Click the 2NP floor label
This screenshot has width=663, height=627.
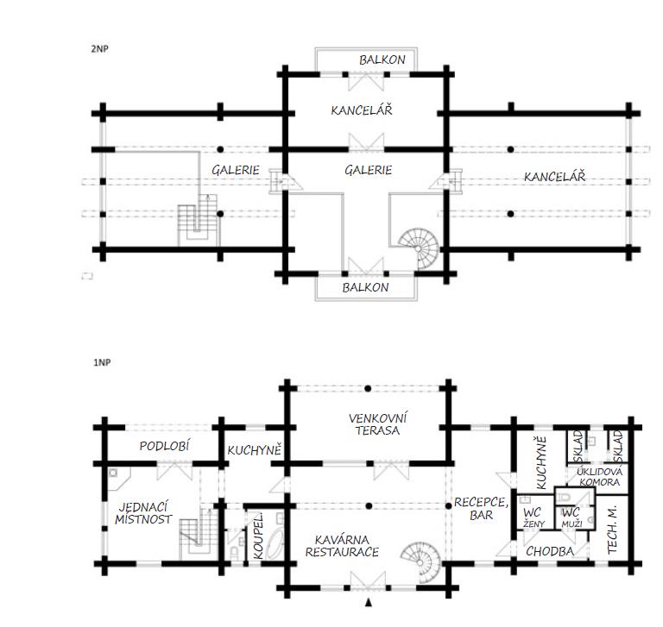tap(99, 49)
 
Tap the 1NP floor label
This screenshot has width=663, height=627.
tap(102, 362)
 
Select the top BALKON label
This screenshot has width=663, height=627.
tap(382, 60)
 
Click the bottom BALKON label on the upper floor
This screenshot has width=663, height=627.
tap(365, 288)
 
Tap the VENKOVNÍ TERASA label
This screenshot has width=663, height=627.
tap(377, 424)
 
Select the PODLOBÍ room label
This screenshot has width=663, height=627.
tap(165, 446)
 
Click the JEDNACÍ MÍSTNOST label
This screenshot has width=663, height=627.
tap(143, 513)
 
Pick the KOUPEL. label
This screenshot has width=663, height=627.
tap(258, 536)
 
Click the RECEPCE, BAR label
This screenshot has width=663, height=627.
tap(481, 509)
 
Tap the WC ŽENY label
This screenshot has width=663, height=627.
tap(533, 518)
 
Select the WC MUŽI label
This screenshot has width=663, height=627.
tap(571, 518)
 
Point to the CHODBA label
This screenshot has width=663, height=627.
tap(550, 551)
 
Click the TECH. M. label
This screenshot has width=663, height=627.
tap(612, 530)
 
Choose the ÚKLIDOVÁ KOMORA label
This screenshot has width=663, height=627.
tap(600, 477)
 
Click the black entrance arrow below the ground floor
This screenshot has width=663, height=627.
tap(369, 603)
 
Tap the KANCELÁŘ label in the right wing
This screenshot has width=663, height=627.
tap(555, 177)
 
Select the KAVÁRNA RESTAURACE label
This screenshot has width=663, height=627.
tap(342, 546)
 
